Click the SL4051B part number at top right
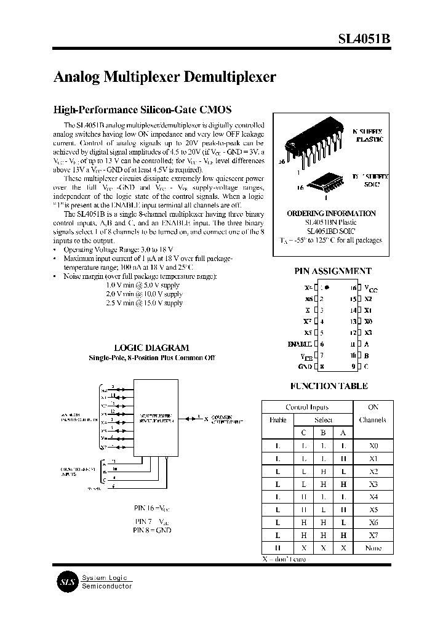[x=364, y=39]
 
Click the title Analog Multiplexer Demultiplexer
[x=165, y=77]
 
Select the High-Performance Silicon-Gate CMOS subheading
[x=143, y=110]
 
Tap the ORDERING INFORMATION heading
[x=331, y=213]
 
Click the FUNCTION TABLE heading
[x=329, y=386]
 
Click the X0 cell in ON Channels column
[x=372, y=445]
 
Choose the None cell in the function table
[x=372, y=548]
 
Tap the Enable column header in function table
[x=277, y=420]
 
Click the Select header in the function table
[x=323, y=420]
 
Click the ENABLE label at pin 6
[x=300, y=344]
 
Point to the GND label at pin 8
[x=305, y=367]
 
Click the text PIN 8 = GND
[x=152, y=530]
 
